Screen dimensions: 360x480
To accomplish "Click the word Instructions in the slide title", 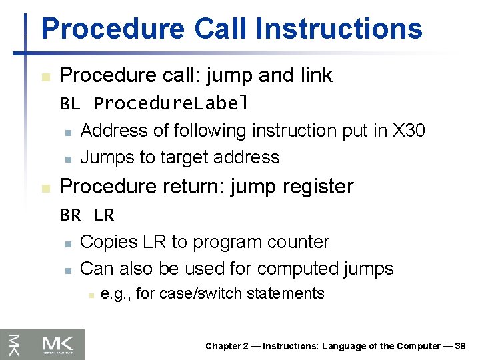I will pyautogui.click(x=339, y=29).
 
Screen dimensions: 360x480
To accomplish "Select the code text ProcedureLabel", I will pyautogui.click(x=171, y=104).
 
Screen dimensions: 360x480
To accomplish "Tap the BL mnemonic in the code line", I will pyautogui.click(x=69, y=104).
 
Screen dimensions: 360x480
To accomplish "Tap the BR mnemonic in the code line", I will pyautogui.click(x=70, y=215).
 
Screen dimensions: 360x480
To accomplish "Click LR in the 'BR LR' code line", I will pyautogui.click(x=104, y=215).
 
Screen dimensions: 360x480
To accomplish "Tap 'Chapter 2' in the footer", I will pyautogui.click(x=226, y=346).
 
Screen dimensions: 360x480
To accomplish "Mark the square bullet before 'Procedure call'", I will pyautogui.click(x=45, y=77).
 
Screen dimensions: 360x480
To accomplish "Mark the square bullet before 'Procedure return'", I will pyautogui.click(x=45, y=189).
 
